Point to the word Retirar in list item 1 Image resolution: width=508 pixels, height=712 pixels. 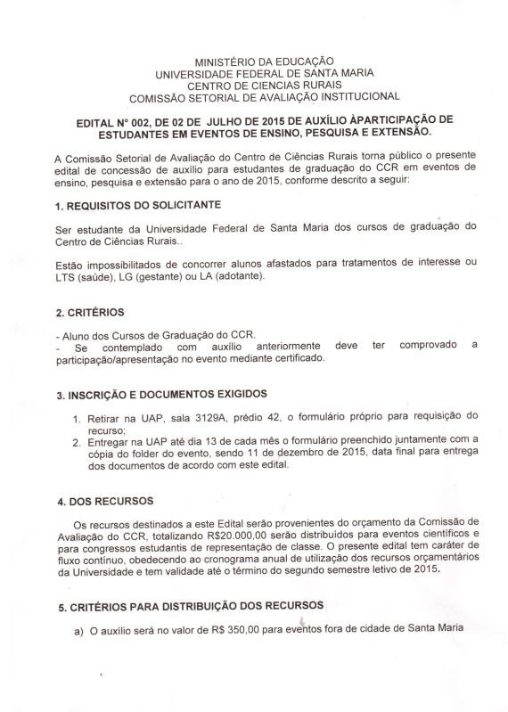(x=106, y=417)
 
